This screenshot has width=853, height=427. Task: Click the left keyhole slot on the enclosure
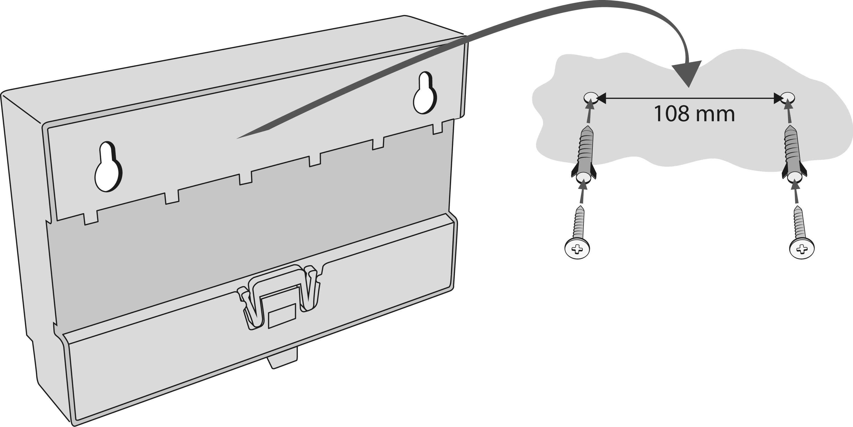coord(109,167)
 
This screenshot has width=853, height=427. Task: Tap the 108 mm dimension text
coord(694,114)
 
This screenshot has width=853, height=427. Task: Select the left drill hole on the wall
coord(591,98)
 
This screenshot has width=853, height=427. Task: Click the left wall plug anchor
coord(584,154)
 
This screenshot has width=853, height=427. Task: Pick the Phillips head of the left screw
coord(577,248)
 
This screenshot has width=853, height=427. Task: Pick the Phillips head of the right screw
coord(802,248)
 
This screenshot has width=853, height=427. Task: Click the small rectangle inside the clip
coord(282,316)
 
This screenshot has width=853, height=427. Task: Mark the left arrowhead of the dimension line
coord(601,98)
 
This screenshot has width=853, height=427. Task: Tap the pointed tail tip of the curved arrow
coord(237,138)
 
